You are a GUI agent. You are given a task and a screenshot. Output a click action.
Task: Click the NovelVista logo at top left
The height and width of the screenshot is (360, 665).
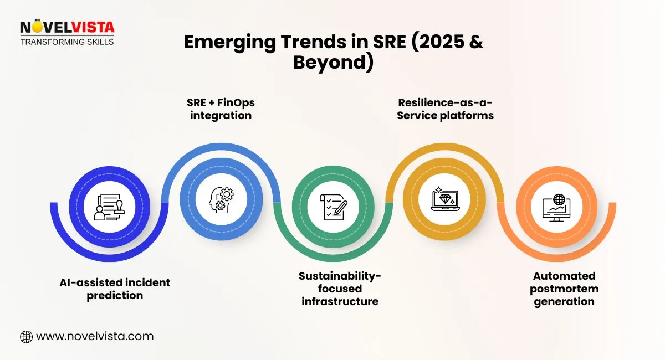point(66,28)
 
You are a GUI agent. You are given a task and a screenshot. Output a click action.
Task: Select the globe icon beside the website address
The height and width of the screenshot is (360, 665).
point(26,336)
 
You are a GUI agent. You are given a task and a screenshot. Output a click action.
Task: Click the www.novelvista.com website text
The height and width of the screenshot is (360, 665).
point(94,336)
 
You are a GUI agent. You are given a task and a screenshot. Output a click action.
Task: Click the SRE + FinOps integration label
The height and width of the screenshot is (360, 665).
point(221,109)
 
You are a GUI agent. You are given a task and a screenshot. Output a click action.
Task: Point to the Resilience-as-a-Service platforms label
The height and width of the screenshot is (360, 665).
point(445,109)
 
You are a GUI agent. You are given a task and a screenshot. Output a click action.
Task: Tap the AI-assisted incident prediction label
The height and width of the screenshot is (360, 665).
point(115,289)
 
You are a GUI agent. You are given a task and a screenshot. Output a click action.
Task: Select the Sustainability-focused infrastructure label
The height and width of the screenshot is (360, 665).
point(340,289)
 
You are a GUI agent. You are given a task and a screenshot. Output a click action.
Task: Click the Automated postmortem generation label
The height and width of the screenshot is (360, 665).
point(564,289)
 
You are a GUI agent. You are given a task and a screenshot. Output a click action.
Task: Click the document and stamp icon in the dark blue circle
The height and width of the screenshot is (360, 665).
point(109,207)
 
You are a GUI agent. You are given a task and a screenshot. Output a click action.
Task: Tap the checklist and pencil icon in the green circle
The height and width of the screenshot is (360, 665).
point(334,207)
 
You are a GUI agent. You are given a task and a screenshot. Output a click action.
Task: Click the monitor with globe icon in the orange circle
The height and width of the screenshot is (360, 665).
point(557,207)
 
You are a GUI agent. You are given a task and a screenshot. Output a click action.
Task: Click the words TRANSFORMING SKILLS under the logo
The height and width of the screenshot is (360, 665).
point(67,42)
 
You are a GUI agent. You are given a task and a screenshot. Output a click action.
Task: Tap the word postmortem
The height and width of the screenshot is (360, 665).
point(564,289)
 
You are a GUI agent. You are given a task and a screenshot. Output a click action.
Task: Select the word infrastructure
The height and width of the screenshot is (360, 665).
point(340,301)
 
